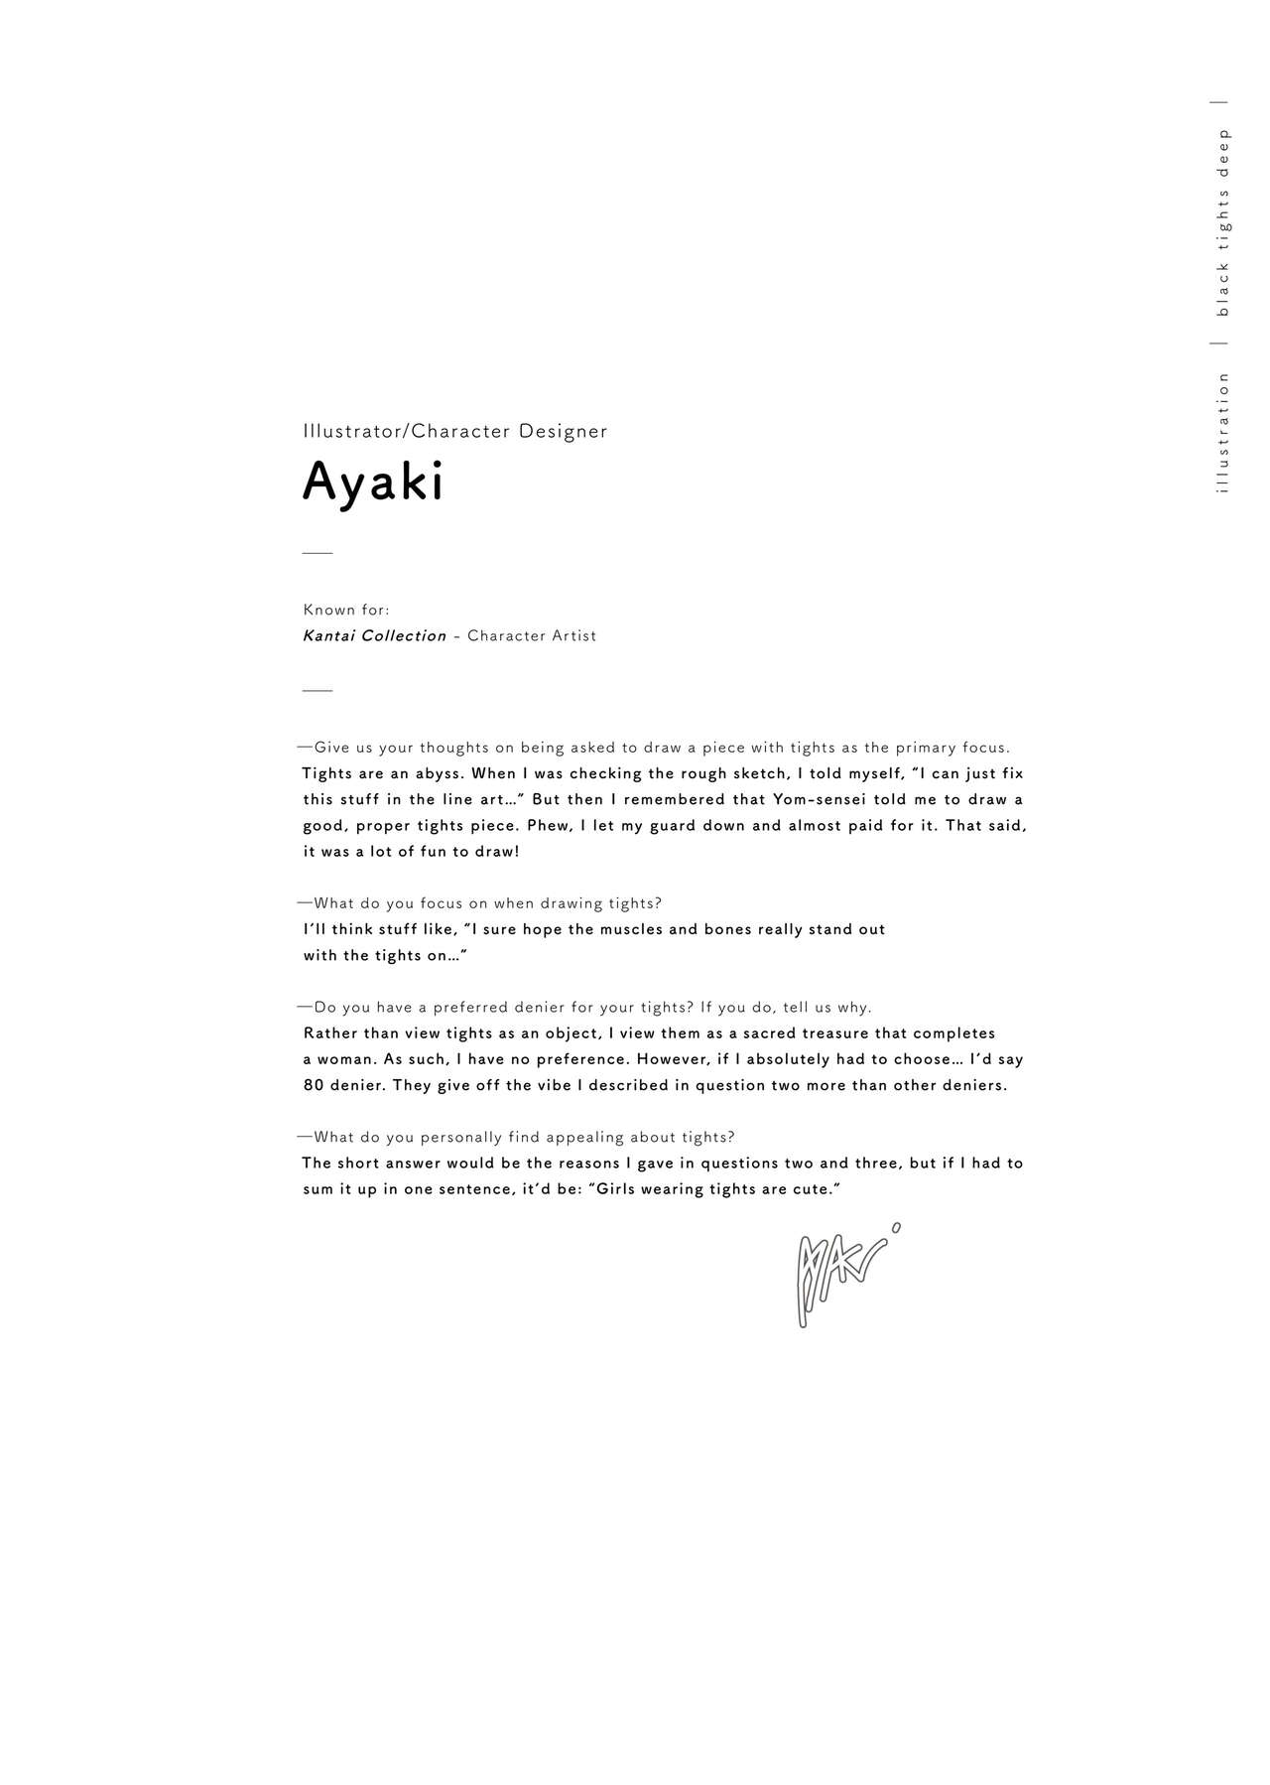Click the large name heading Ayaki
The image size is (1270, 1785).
(373, 483)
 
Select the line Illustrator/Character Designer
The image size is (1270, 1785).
(454, 432)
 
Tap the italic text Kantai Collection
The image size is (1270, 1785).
(374, 636)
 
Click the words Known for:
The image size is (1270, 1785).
(346, 611)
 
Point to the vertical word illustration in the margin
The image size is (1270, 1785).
(1222, 433)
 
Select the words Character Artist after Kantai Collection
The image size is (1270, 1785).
(532, 636)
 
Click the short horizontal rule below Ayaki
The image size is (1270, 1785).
(317, 553)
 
